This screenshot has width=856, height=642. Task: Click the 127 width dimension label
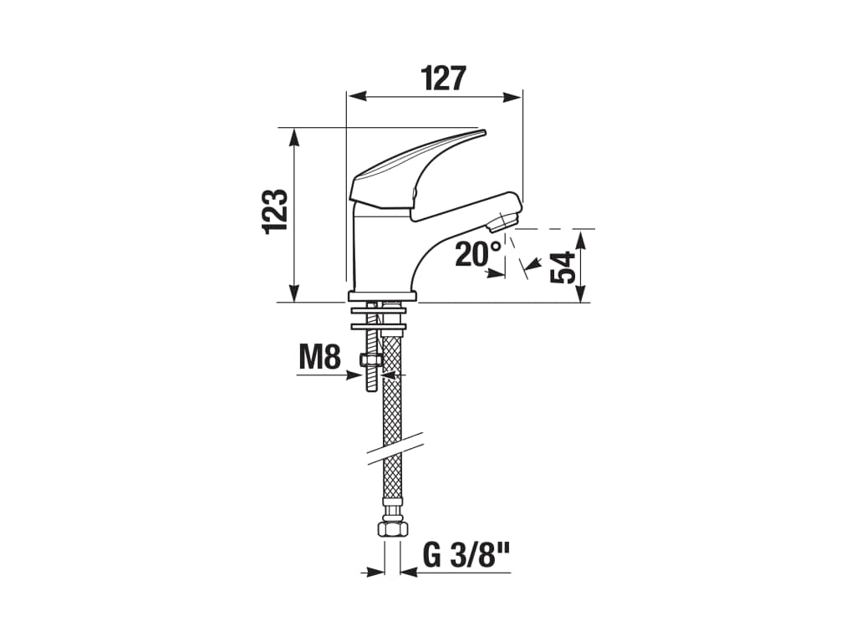coord(443,79)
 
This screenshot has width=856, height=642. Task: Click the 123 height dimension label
coord(277,211)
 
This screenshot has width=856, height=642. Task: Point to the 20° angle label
coord(478,253)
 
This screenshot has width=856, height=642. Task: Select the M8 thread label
coord(320,359)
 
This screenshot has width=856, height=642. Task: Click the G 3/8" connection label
coord(466,556)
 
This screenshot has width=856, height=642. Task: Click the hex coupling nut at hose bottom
coord(390,528)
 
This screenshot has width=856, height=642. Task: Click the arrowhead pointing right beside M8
coord(352,375)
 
